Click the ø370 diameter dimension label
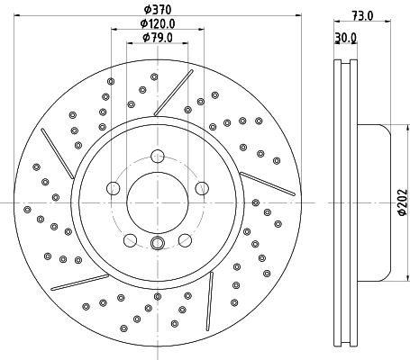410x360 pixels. point(158,10)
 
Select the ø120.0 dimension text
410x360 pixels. point(158,23)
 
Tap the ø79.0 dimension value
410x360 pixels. point(158,38)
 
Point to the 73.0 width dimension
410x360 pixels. point(362,15)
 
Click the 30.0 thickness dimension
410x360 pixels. point(346,38)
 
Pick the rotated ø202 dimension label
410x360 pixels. point(403,202)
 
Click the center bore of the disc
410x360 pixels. point(158,202)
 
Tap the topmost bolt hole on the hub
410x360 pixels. point(158,157)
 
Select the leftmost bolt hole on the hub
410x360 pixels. point(114,188)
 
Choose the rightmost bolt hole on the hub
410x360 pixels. point(202,188)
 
